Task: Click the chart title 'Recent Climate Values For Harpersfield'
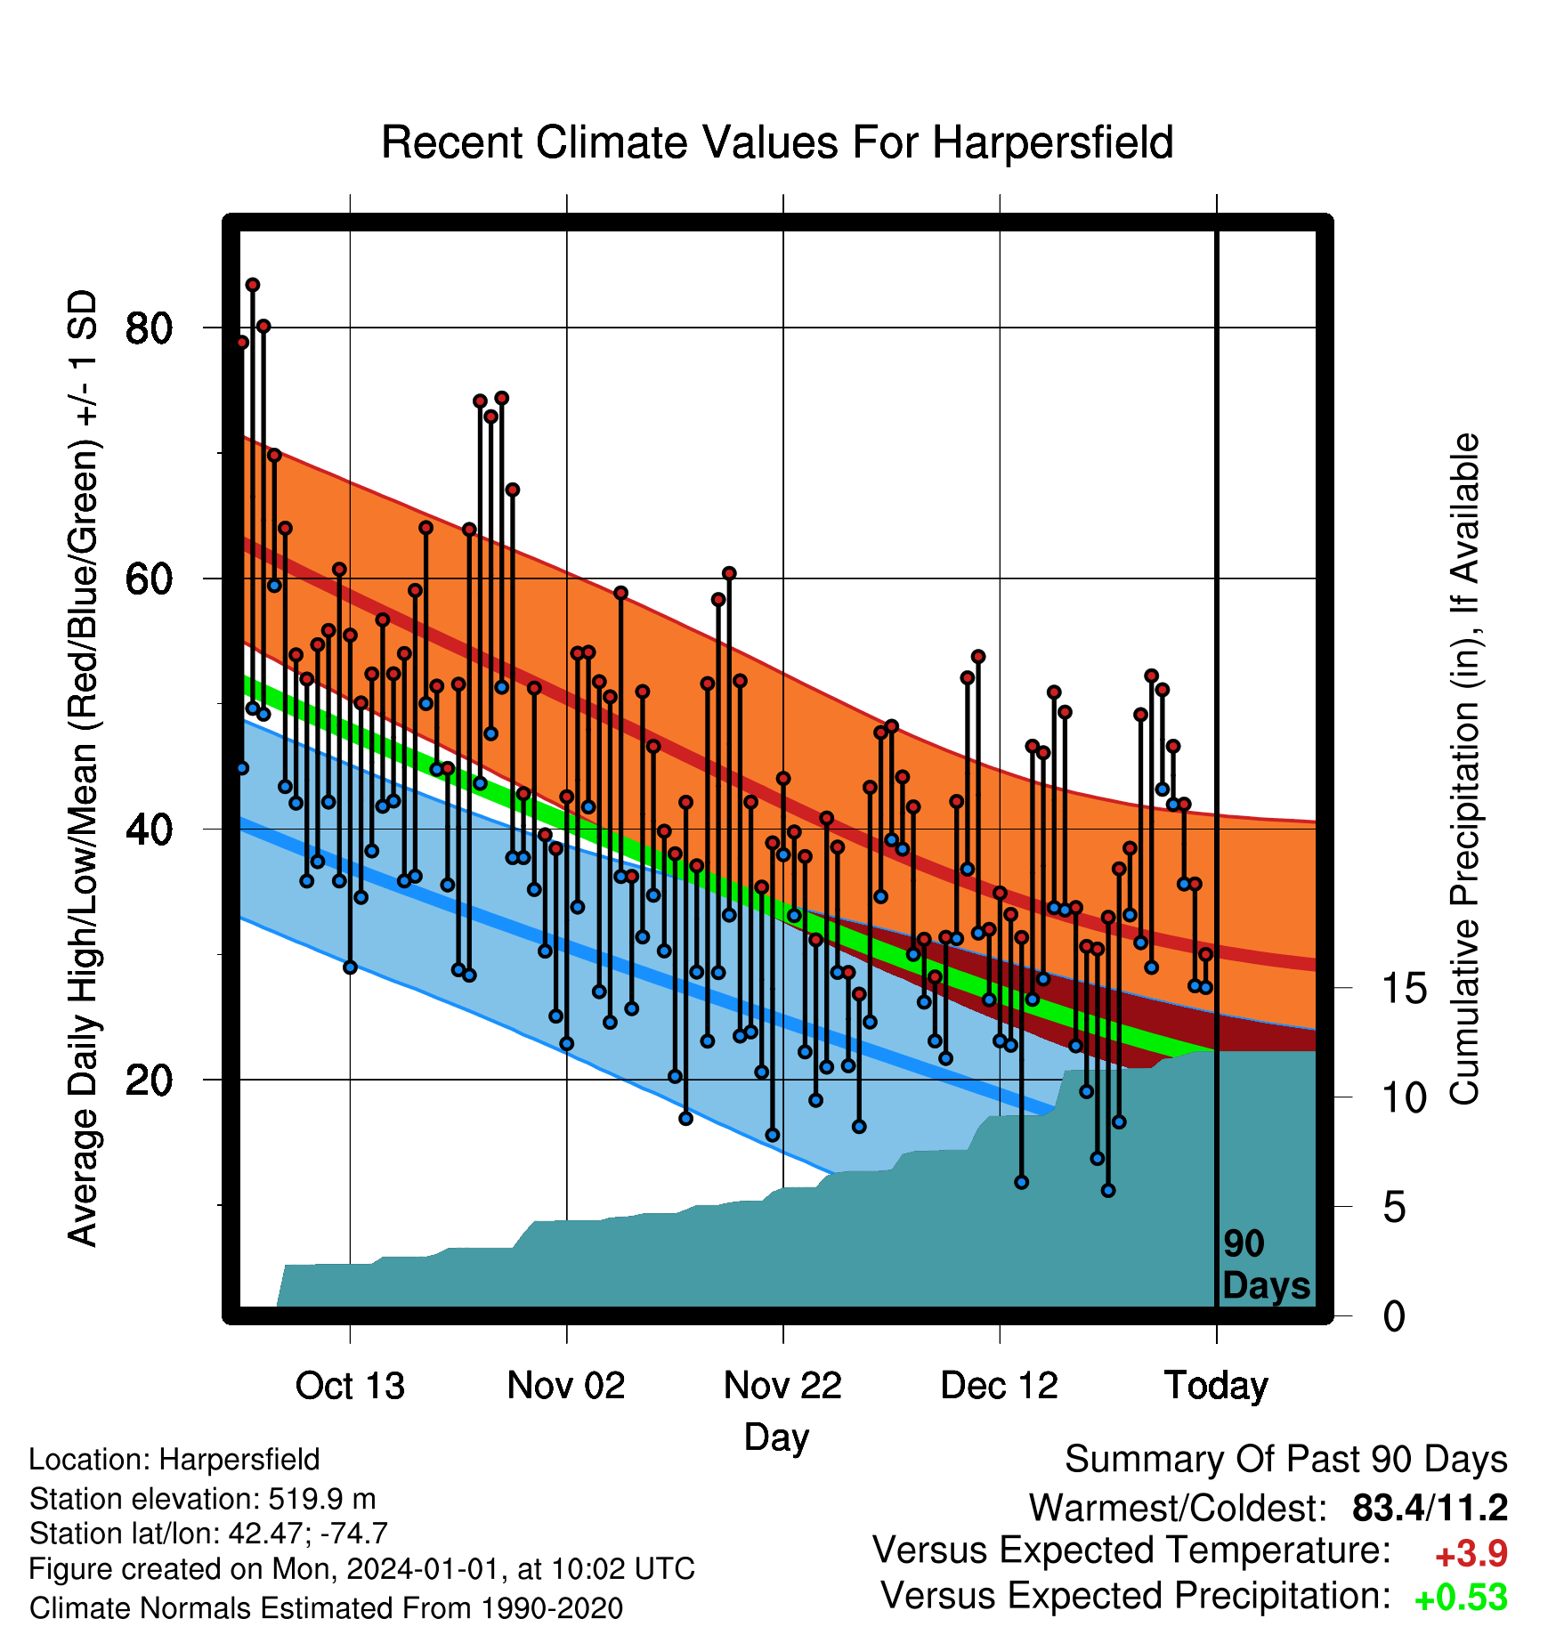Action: [x=777, y=142]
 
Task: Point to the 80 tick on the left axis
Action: [x=149, y=328]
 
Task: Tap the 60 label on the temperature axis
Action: [x=149, y=579]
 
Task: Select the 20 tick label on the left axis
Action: [x=149, y=1081]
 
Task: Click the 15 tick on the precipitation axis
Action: [x=1405, y=988]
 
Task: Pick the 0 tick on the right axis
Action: [x=1394, y=1315]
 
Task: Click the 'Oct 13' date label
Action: [x=350, y=1386]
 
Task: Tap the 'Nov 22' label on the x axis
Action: [x=782, y=1386]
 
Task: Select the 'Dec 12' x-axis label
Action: [x=1000, y=1386]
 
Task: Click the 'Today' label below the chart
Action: [x=1217, y=1386]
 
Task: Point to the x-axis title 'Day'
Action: [x=777, y=1437]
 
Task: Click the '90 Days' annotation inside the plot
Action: [x=1266, y=1265]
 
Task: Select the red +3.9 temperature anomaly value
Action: [x=1471, y=1554]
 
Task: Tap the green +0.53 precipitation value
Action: [x=1461, y=1597]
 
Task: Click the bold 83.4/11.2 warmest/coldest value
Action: [x=1430, y=1508]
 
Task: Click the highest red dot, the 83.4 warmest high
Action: [x=253, y=285]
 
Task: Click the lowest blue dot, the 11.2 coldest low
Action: [x=1108, y=1191]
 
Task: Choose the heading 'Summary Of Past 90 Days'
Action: [x=1286, y=1460]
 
